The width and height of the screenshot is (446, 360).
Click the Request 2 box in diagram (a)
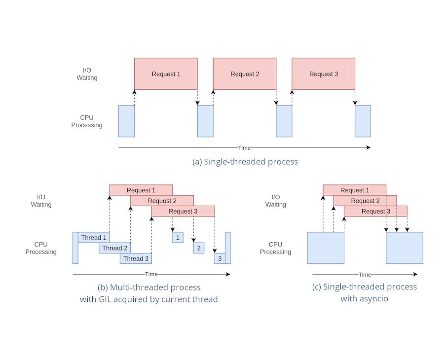244,74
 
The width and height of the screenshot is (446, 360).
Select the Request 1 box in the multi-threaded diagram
141,190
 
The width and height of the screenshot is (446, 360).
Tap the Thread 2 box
115,248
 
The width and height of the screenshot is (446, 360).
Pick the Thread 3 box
136,258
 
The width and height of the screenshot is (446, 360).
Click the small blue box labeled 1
178,238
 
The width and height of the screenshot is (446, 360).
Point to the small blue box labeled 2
199,248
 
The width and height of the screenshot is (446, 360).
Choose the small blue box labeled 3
220,258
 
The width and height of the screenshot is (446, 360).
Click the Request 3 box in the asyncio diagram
375,211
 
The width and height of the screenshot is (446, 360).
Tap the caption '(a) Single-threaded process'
245,161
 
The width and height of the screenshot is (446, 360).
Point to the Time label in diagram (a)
245,147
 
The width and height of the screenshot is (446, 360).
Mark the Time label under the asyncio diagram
365,275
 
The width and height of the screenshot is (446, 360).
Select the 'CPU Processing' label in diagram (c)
275,248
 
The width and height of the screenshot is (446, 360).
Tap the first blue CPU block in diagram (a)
126,121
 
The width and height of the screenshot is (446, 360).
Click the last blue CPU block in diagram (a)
363,121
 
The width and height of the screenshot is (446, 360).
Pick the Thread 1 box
94,238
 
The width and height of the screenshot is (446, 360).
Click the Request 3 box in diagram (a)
323,74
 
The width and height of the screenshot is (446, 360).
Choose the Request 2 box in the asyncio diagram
365,201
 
